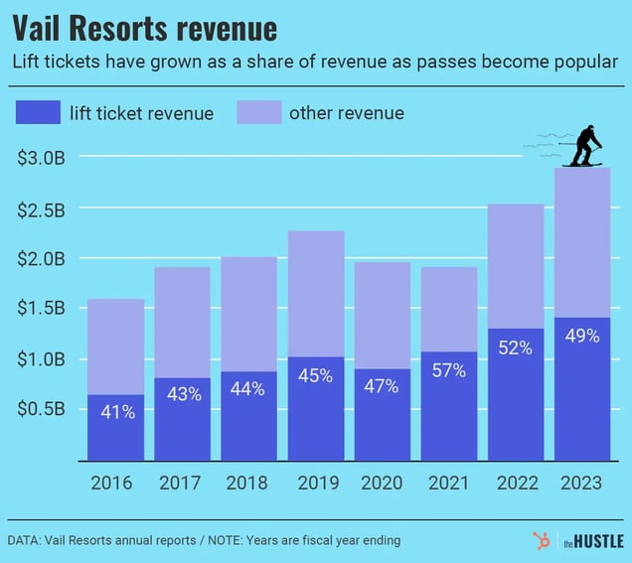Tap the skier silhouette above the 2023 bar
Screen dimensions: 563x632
[585, 146]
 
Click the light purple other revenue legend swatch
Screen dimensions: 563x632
[258, 111]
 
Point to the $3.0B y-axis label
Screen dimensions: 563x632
[42, 157]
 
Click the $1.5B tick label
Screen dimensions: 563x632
[42, 309]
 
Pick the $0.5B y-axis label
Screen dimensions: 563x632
[42, 409]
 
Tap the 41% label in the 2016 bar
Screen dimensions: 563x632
[115, 411]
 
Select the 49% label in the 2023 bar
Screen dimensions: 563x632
[582, 337]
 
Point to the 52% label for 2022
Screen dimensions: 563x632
[516, 348]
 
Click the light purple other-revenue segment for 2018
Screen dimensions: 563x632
[248, 314]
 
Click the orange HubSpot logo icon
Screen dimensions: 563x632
[542, 541]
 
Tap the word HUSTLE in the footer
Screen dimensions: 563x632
[600, 542]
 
